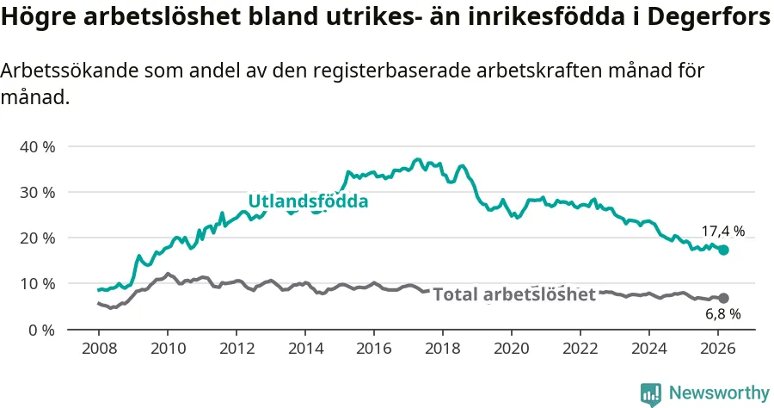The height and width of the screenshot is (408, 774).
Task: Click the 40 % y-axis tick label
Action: pyautogui.click(x=37, y=146)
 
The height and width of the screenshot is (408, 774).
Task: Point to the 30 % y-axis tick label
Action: pyautogui.click(x=37, y=192)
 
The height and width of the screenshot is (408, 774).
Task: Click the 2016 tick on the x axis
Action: pyautogui.click(x=374, y=349)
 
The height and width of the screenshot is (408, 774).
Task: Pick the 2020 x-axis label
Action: pyautogui.click(x=512, y=349)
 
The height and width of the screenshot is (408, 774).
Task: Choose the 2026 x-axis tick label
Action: pyautogui.click(x=718, y=349)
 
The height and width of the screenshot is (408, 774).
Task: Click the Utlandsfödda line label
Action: pyautogui.click(x=308, y=201)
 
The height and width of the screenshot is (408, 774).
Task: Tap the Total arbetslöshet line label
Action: pyautogui.click(x=514, y=295)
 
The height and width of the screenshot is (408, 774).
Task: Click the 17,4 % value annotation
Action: pyautogui.click(x=723, y=231)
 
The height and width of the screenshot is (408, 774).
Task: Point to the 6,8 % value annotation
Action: pyautogui.click(x=723, y=314)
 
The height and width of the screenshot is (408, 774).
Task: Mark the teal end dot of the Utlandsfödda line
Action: pyautogui.click(x=724, y=250)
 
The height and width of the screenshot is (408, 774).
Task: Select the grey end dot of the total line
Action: pyautogui.click(x=724, y=298)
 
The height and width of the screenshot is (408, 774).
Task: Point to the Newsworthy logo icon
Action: pyautogui.click(x=650, y=393)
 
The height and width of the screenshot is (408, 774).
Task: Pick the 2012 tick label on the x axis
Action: pyautogui.click(x=236, y=349)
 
